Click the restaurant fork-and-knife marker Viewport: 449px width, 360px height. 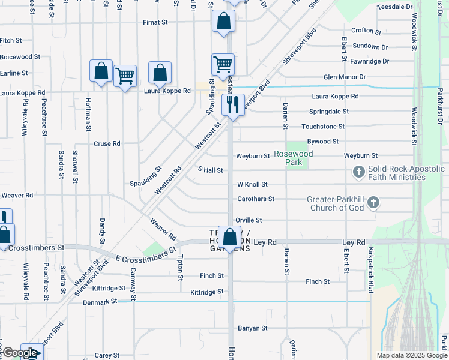click(x=232, y=104)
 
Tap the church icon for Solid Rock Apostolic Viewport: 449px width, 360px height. click(x=359, y=173)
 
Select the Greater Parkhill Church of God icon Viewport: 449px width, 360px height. click(x=373, y=202)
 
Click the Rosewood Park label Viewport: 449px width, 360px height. click(x=294, y=158)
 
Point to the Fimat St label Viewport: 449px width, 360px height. click(x=155, y=22)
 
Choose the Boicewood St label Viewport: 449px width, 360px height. click(x=20, y=57)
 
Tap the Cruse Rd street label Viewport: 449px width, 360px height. click(x=107, y=144)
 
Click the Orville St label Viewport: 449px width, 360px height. click(x=249, y=220)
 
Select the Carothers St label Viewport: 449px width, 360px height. click(x=255, y=199)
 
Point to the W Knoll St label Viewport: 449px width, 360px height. click(x=252, y=184)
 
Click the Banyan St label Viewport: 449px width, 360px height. click(x=252, y=328)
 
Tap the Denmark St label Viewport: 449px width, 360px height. click(x=101, y=302)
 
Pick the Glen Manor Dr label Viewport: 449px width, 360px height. click(x=345, y=77)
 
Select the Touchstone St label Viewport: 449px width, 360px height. click(x=323, y=127)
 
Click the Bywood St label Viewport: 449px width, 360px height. click(x=323, y=142)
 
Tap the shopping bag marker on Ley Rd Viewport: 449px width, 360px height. click(x=228, y=237)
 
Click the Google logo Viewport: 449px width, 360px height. click(x=20, y=353)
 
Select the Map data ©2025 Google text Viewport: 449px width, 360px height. click(x=411, y=355)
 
